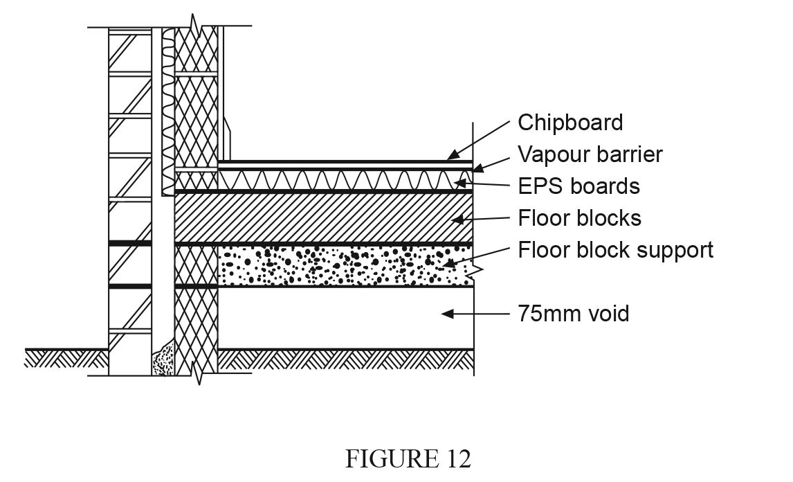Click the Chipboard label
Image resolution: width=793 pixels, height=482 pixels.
[x=570, y=123]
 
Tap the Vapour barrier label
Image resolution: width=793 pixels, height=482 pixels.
[x=590, y=154]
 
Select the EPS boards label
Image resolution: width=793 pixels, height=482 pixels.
[x=578, y=186]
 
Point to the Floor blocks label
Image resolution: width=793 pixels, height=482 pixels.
[x=579, y=218]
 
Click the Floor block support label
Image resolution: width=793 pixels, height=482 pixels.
[x=615, y=249]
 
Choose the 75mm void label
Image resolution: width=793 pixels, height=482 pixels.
[x=574, y=314]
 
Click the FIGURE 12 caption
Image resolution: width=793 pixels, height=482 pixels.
[x=408, y=459]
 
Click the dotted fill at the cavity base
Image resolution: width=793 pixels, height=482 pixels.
[x=163, y=360]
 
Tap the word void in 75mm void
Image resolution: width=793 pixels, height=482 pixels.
[x=610, y=314]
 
